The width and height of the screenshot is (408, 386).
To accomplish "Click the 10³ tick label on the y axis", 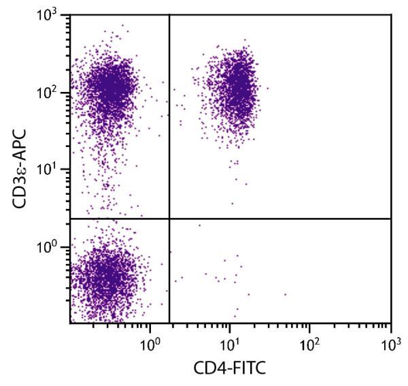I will tap(52, 16).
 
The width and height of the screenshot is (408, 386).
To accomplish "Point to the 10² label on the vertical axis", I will tap(52, 93).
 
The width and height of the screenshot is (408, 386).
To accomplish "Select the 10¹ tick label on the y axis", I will tap(52, 170).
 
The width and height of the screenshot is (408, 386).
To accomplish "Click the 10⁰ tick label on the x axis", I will tap(150, 338).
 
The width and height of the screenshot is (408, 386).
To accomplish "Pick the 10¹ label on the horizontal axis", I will tap(230, 338).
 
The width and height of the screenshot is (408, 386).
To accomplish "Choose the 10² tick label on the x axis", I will tap(310, 338).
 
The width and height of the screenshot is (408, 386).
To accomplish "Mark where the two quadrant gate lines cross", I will tap(169, 219).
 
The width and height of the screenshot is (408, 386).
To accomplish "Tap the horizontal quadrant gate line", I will tap(286, 219).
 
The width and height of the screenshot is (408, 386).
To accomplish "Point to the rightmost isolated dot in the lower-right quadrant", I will tap(285, 295).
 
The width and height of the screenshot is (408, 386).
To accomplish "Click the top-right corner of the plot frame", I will tap(391, 15).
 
